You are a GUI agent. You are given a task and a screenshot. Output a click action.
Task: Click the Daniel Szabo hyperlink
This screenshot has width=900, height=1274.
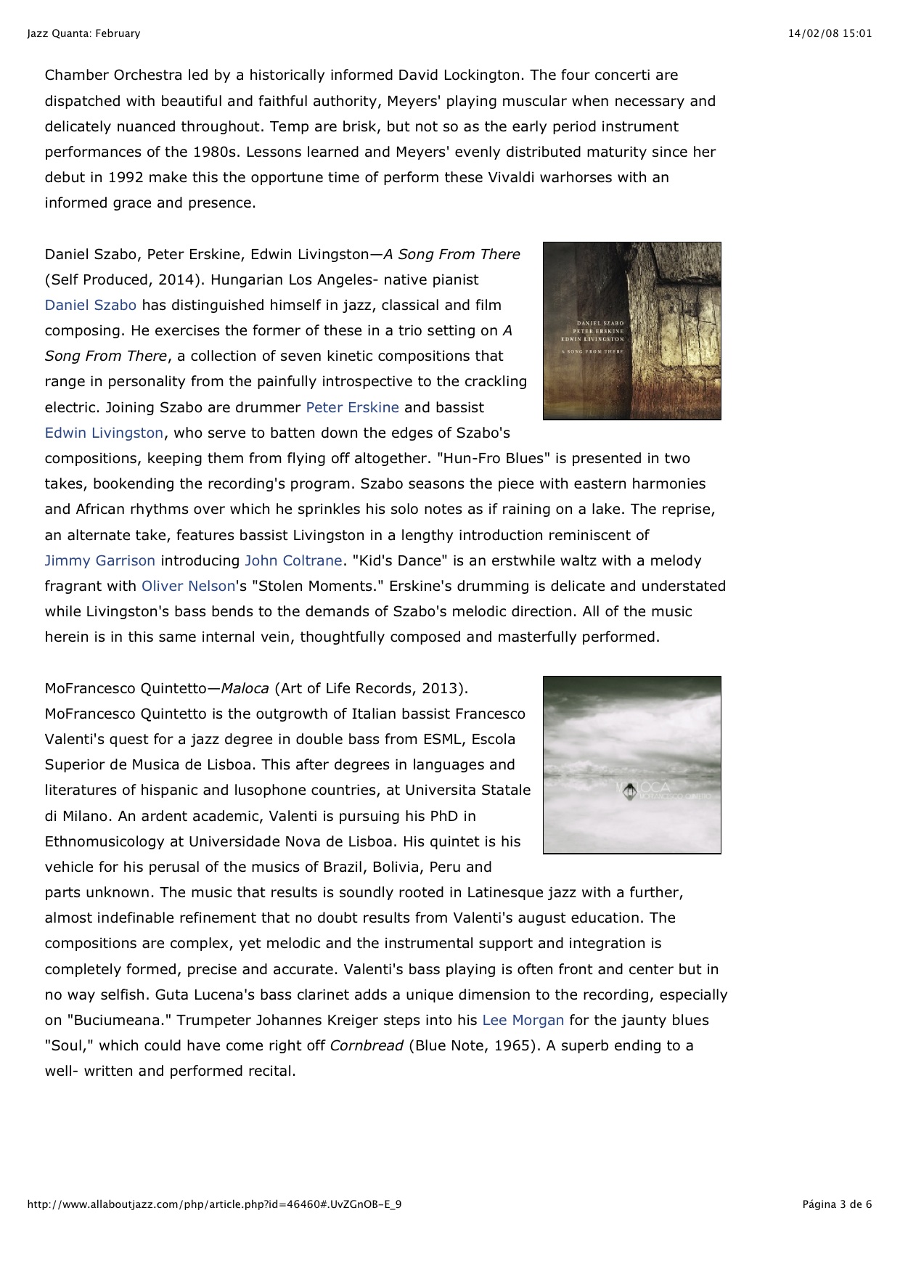(90, 305)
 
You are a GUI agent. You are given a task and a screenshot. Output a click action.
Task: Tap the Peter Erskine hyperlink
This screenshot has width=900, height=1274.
(352, 407)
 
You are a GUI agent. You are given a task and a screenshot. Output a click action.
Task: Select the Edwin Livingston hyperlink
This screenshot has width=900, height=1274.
(104, 433)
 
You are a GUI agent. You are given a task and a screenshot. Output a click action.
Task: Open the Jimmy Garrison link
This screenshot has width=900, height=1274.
(99, 560)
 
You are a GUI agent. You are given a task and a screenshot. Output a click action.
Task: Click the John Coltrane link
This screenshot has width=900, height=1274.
(293, 560)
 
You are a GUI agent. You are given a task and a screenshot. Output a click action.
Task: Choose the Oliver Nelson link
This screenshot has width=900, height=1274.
(188, 586)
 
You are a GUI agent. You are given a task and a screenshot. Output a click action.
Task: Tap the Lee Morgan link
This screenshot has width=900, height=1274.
(523, 1020)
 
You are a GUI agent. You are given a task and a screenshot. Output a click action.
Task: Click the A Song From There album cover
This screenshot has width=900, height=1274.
(631, 331)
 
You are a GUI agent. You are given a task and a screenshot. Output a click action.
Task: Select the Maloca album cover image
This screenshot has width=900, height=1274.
(631, 765)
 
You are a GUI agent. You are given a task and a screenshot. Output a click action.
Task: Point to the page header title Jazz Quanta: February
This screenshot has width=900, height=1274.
(83, 33)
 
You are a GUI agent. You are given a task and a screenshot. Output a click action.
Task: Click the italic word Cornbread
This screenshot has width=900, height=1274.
(366, 1045)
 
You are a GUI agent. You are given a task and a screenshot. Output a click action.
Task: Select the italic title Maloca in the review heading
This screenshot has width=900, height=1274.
(245, 688)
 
